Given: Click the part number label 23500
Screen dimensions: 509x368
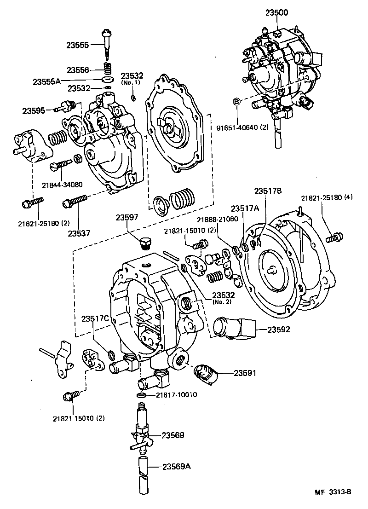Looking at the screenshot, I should click(x=276, y=13).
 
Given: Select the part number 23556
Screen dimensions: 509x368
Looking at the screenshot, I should click(x=79, y=70).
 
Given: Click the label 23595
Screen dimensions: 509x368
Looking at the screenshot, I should click(x=33, y=110).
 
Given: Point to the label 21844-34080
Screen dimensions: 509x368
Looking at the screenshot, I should click(x=62, y=185).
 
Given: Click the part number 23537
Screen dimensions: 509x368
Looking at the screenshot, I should click(x=79, y=233).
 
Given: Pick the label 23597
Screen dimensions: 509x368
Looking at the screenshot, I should click(x=126, y=218).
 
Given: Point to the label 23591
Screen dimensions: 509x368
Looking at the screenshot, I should click(x=245, y=373).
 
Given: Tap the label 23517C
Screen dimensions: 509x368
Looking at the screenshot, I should click(x=95, y=318).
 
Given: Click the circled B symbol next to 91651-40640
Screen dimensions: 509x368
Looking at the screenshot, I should click(x=236, y=101).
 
